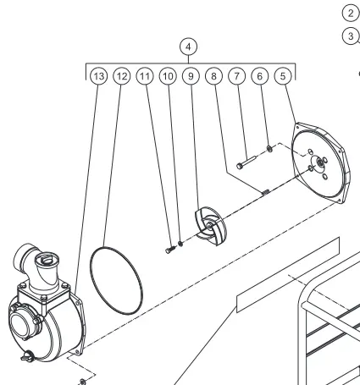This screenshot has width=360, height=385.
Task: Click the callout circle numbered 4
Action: (x=188, y=47)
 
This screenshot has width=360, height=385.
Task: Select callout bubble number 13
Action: (x=98, y=76)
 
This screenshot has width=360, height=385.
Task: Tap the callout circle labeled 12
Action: (x=122, y=76)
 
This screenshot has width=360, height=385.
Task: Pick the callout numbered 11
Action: (x=145, y=76)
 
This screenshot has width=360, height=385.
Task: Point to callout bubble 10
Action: (x=168, y=76)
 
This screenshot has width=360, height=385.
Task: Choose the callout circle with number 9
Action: (x=191, y=76)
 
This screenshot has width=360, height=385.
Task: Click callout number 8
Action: (x=213, y=76)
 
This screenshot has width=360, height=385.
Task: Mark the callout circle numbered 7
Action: (x=236, y=76)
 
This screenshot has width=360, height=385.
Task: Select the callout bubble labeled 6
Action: (x=260, y=76)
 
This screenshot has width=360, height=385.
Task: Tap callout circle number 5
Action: (x=283, y=76)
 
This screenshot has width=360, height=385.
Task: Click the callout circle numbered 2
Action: (x=351, y=14)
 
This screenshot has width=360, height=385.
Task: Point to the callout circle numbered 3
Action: (x=351, y=36)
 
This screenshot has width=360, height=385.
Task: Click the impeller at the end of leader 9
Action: (x=211, y=226)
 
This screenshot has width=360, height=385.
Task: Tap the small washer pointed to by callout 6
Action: (x=269, y=148)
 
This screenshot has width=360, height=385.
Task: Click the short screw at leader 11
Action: (x=170, y=250)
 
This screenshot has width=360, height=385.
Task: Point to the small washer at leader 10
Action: (x=180, y=243)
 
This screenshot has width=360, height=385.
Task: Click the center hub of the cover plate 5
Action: (x=320, y=162)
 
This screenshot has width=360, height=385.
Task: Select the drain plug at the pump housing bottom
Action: (x=28, y=356)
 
